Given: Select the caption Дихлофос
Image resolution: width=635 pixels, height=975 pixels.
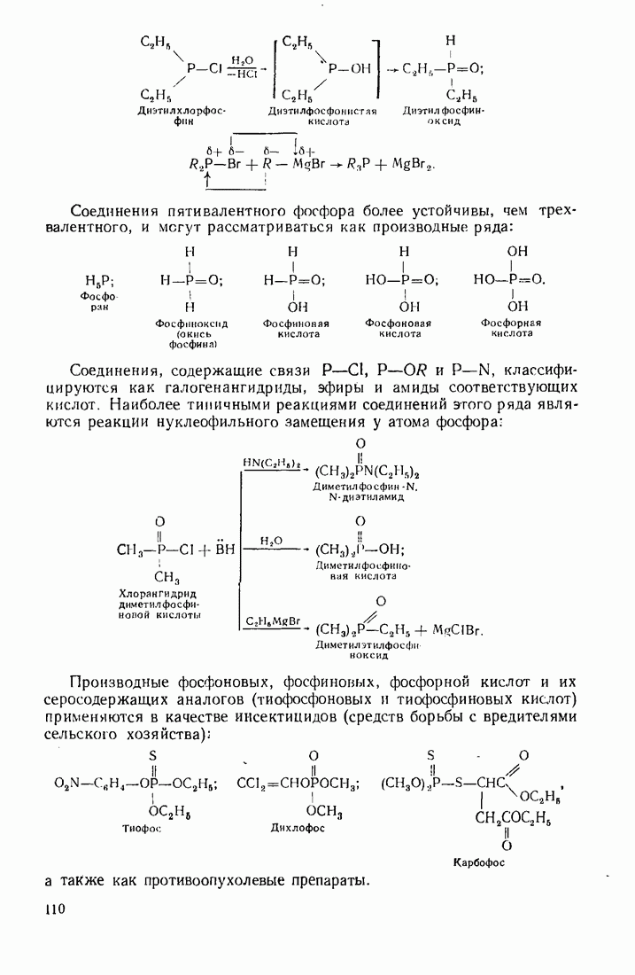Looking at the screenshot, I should pos(298,828).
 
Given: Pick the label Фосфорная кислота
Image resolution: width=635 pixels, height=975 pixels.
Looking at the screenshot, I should pos(511,328).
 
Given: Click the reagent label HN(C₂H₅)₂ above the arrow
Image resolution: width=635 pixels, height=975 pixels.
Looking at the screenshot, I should pos(272,463).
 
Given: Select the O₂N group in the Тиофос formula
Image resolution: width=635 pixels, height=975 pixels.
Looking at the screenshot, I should pos(67,784).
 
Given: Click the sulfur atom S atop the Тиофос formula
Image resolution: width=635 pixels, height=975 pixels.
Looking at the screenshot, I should pos(152,754).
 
